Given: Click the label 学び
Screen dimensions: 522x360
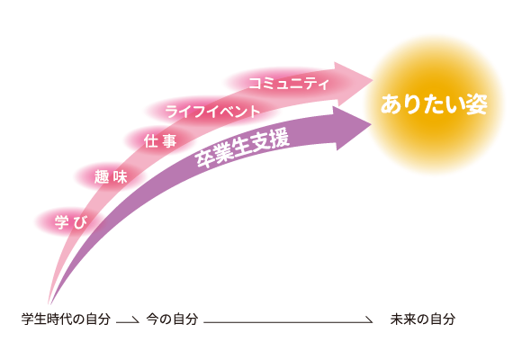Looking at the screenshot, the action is point(71,222).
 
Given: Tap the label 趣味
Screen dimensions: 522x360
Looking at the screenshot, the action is point(111,176).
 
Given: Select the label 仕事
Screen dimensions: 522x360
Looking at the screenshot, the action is point(160,141).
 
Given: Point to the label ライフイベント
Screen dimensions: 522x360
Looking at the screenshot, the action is point(212,112).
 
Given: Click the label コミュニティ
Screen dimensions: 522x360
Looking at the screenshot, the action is point(289,84).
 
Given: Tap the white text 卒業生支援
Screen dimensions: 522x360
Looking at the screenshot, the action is point(242,148).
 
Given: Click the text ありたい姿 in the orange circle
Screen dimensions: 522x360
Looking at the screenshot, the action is point(434,104).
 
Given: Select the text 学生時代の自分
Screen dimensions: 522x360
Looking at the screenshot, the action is point(66,319).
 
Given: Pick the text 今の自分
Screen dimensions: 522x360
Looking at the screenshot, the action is point(173,319).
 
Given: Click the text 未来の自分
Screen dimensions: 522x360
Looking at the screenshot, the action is point(423,319).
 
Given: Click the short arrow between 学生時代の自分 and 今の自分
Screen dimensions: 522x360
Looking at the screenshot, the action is point(128,321).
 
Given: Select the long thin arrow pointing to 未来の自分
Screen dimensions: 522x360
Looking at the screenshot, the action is point(288,322).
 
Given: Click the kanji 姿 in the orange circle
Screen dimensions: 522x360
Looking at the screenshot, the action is point(477,104).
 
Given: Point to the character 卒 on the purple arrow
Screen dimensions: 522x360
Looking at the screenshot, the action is point(204,159).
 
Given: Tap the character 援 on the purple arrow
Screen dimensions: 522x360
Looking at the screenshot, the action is point(280,139).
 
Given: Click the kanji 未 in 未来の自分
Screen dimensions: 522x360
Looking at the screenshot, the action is point(397,319).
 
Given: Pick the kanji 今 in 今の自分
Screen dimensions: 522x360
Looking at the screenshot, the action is point(153,319).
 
